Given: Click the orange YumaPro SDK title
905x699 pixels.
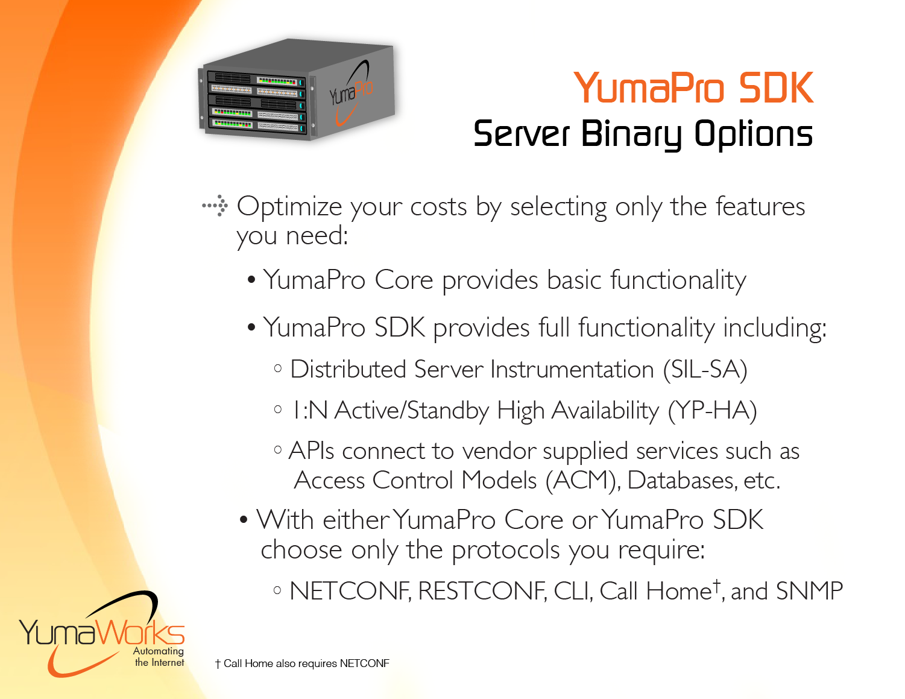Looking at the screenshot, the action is click(693, 87).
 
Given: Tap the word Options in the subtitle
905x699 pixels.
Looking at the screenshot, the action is click(754, 134).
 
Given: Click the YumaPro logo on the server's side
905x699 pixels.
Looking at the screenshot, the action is click(351, 92).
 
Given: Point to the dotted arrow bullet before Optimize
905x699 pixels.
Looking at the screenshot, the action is click(215, 206).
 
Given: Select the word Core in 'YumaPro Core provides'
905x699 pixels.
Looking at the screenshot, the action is click(403, 280).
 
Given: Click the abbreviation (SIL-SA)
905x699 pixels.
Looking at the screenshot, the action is click(705, 370).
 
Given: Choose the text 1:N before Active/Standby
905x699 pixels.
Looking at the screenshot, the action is click(310, 410).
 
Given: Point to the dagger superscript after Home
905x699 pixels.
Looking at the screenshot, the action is click(716, 585).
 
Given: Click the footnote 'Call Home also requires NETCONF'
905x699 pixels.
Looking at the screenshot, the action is click(302, 663).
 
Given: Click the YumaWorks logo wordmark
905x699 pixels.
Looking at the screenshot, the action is click(102, 632).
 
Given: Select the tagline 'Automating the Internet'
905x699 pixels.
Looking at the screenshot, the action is click(159, 657).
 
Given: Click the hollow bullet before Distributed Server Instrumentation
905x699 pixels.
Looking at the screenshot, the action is click(278, 368).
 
